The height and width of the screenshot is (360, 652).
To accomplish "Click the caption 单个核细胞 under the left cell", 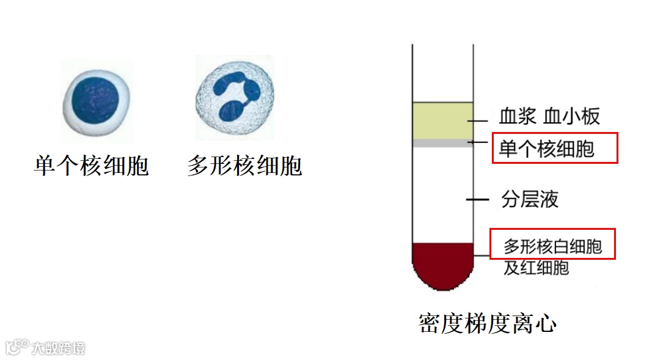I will pos(91,166).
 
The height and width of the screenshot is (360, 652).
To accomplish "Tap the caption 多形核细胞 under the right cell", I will pos(244,166).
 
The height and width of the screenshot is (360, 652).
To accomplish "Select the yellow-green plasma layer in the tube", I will pos(443,120).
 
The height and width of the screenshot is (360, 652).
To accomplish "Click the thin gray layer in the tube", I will pos(443,143).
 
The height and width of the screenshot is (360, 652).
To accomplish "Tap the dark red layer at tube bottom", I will pos(443,263).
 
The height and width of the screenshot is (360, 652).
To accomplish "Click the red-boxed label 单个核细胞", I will pos(546,149).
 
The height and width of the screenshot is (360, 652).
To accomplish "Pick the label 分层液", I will pos(530,199).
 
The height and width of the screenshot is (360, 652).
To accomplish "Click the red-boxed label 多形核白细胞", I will pos(552,246).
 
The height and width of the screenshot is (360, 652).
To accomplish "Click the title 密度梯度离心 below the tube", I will pos(487,323).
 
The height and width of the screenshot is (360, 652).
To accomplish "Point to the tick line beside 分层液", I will pos(477,199).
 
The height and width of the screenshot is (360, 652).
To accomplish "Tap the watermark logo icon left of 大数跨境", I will pos(17,348).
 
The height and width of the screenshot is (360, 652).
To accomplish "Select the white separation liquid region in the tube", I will pos(443,196).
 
